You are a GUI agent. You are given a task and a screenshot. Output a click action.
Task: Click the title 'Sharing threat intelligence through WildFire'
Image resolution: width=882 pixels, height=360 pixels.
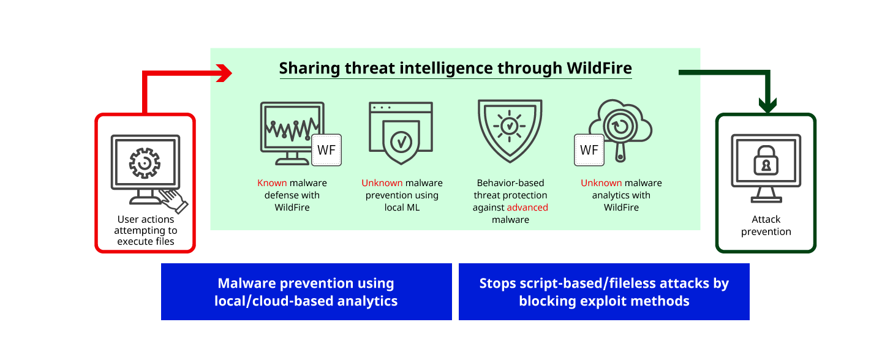[455, 68]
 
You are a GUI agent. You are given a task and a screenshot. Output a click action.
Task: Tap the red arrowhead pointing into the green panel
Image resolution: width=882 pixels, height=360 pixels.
[225, 73]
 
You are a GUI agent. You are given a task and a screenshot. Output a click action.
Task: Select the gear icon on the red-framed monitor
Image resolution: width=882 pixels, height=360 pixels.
[145, 162]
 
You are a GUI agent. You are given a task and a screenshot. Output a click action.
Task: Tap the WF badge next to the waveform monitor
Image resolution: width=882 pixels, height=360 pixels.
[326, 149]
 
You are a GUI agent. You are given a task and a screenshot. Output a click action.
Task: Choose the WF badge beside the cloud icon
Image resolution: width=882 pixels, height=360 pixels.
[589, 149]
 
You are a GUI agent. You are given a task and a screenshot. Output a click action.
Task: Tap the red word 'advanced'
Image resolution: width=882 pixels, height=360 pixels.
[527, 208]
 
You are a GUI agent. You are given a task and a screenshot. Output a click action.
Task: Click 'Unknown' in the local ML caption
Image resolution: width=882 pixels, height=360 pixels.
[382, 183]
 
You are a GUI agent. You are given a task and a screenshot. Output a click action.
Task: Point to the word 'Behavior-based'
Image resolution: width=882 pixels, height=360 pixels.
[510, 183]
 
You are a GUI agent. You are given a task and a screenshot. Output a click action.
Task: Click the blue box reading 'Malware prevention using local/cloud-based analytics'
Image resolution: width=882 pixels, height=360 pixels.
[306, 292]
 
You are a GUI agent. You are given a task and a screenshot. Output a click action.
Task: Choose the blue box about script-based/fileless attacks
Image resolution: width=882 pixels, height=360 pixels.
[604, 292]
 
